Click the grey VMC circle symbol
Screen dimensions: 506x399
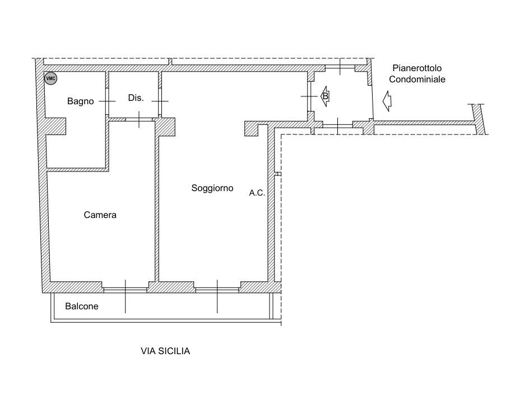click(50, 78)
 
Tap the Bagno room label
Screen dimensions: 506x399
click(80, 101)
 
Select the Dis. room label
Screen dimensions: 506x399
click(136, 98)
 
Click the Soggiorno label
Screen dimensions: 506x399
click(212, 188)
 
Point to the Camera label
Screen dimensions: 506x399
click(100, 215)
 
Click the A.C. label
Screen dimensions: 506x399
click(257, 193)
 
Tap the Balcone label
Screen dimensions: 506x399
click(82, 306)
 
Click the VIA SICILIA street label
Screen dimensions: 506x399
click(165, 351)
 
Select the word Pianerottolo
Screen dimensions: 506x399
click(417, 68)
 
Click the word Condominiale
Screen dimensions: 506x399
click(417, 80)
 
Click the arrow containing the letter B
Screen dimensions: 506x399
click(324, 96)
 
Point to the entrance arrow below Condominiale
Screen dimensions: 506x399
click(387, 101)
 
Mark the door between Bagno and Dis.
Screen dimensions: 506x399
click(107, 101)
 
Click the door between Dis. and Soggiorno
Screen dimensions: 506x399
click(160, 101)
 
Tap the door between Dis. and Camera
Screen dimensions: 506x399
click(139, 119)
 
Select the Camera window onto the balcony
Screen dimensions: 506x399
click(125, 290)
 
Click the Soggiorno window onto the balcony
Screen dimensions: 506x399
click(217, 290)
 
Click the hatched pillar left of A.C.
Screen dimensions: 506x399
click(251, 128)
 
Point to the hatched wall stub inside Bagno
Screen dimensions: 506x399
click(55, 126)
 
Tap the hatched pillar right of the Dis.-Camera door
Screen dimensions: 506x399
click(165, 127)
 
